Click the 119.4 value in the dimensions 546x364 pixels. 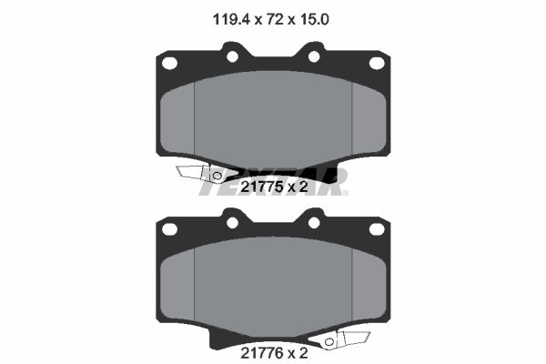coord(231,19)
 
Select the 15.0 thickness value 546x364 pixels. coord(313,19)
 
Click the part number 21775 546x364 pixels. coord(262,187)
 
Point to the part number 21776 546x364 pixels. coord(262,353)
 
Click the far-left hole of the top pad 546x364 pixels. coord(169,64)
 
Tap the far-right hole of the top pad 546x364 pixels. coord(377,64)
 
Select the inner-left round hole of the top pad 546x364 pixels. coord(232,56)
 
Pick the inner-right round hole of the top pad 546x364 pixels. coord(314,56)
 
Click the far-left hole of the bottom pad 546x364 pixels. coord(169,229)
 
